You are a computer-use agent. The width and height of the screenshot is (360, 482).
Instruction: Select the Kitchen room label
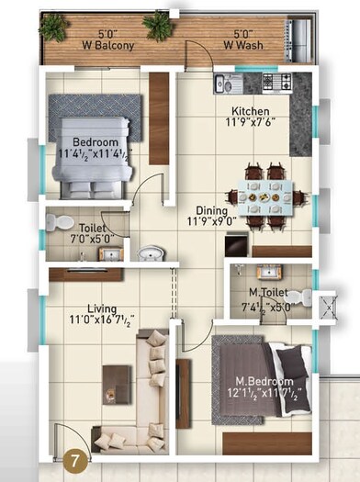click(x=250, y=112)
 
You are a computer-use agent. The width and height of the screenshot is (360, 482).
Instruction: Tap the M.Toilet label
click(x=269, y=294)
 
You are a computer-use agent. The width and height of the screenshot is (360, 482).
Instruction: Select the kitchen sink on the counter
click(x=226, y=84)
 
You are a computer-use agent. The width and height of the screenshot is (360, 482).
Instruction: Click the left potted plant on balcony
click(x=53, y=28)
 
